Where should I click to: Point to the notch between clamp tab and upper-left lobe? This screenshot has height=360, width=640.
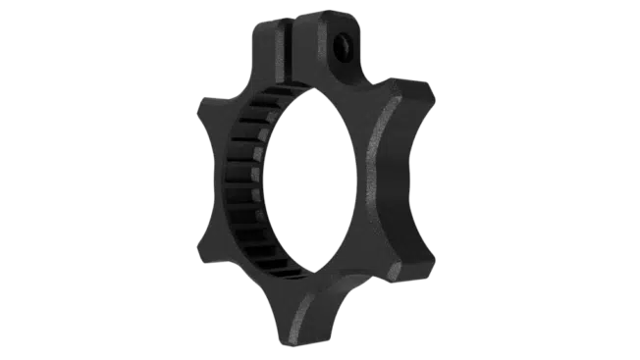[x=250, y=83]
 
